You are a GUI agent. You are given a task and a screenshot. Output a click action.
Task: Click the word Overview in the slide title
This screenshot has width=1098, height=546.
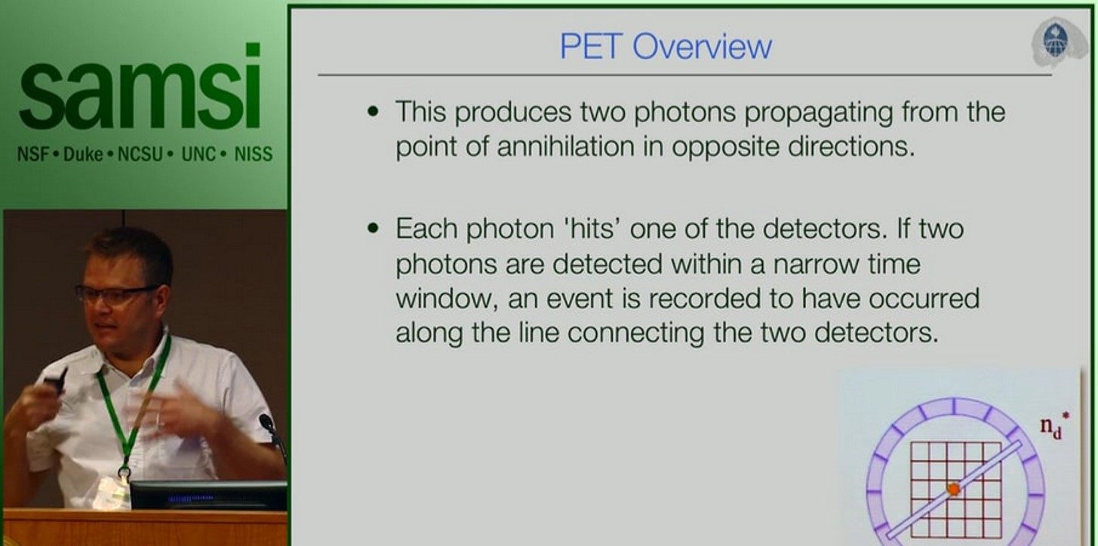[702, 47]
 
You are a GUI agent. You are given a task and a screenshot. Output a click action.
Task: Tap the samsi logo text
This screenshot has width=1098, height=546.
[140, 89]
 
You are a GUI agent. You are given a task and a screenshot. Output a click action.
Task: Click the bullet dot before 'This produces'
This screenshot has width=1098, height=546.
[373, 112]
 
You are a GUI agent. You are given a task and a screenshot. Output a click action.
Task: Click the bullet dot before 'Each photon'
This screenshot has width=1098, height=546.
[373, 228]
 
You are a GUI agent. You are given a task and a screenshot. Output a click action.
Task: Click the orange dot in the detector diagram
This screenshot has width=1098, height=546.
[953, 489]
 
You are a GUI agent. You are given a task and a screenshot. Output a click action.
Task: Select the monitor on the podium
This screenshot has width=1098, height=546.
[208, 495]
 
